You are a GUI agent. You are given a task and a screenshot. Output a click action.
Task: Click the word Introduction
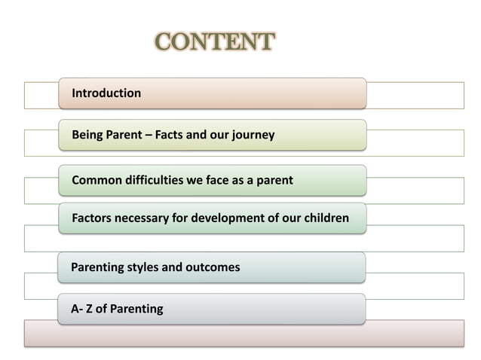[x=106, y=93]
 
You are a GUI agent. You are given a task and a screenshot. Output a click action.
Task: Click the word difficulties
[x=155, y=181]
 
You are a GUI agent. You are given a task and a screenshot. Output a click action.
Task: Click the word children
[x=324, y=218]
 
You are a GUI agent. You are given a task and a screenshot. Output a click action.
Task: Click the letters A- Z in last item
[x=83, y=309]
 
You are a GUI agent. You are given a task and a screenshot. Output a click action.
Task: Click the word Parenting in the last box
[x=136, y=309]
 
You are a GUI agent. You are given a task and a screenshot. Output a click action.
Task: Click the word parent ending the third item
[x=273, y=181]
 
